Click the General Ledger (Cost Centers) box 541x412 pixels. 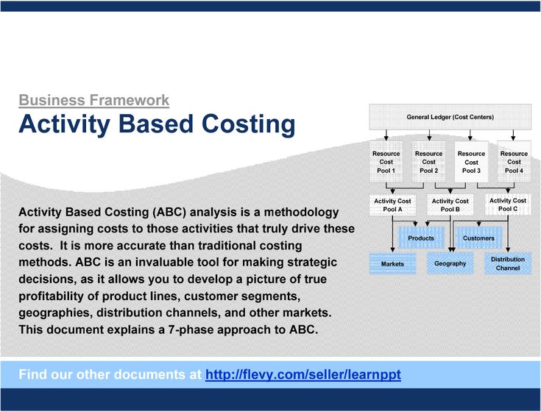450,117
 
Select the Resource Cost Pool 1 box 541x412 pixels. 386,162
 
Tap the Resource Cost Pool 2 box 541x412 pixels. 429,162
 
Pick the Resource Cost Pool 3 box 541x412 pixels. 471,162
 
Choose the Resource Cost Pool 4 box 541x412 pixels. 514,162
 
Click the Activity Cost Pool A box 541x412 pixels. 392,205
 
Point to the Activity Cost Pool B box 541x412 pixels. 450,205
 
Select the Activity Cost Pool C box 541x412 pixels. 508,205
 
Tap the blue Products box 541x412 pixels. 421,238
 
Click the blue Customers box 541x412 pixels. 478,238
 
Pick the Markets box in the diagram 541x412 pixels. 392,263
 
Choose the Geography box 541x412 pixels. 450,263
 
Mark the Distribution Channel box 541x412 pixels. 508,263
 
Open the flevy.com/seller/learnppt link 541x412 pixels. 303,374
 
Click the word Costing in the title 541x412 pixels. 249,124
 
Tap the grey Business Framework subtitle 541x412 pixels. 94,100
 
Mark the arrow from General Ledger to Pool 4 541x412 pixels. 513,135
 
